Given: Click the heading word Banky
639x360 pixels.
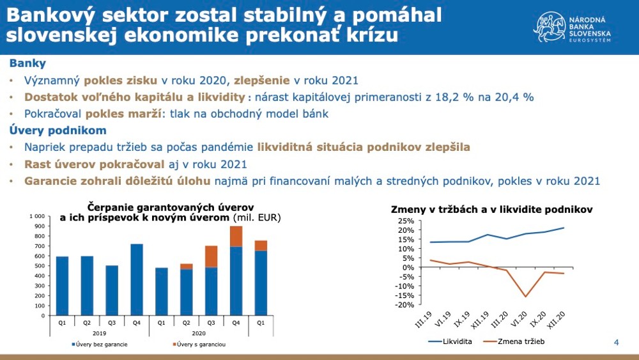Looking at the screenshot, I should click(x=27, y=64).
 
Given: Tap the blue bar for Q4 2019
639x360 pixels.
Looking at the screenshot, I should click(x=135, y=279).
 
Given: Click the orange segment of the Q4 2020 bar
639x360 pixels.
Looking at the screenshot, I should click(x=236, y=237).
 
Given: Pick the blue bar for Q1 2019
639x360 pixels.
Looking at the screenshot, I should click(x=62, y=286).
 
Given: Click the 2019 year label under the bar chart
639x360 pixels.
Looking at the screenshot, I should click(x=98, y=333).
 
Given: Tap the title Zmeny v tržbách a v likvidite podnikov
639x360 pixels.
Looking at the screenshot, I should click(x=491, y=210).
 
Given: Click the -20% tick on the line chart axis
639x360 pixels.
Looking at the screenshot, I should click(x=405, y=305).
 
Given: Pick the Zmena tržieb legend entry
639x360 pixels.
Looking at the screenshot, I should click(x=515, y=341).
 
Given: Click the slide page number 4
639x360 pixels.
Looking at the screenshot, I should click(x=616, y=343).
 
